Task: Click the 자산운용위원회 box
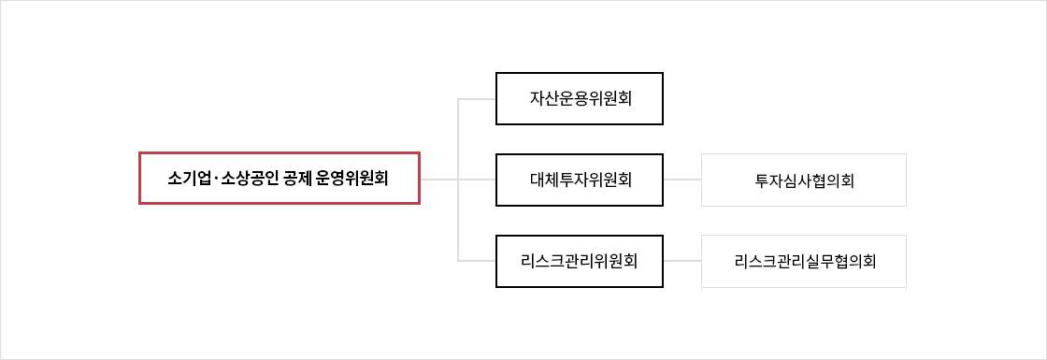point(580,98)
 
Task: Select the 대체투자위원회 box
point(580,179)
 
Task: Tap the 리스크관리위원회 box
point(580,260)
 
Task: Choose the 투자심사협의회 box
point(804,180)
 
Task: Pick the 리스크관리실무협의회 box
point(804,261)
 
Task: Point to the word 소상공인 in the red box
point(247,178)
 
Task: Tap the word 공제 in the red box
point(297,178)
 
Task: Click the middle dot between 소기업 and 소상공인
point(215,178)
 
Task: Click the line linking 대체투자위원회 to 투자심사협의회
point(682,179)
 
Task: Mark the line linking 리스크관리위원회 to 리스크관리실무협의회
point(682,260)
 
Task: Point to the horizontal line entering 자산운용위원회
point(478,98)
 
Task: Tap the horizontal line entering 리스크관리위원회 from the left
point(478,260)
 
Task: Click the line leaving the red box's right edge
point(438,179)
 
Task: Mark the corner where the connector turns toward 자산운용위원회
point(458,98)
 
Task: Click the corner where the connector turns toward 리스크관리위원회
point(458,260)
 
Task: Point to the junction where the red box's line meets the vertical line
point(458,179)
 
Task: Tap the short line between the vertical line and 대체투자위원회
point(478,179)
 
